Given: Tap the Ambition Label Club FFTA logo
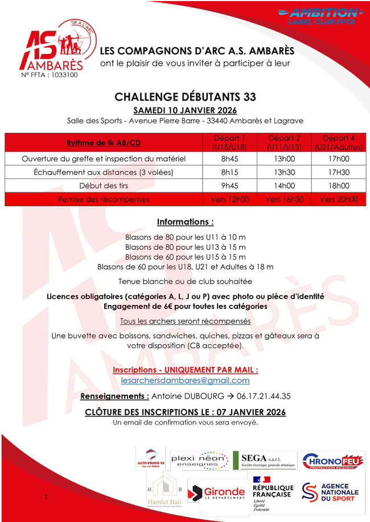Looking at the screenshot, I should pos(319,15).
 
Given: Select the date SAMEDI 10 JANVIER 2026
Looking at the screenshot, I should pos(185,110).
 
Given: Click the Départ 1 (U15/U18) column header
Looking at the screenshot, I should pos(229,142).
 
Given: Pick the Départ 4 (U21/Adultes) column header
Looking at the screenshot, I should pos(339,142).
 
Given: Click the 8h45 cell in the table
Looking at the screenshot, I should pos(229,158).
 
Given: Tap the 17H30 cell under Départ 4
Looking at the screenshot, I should pos(339,172).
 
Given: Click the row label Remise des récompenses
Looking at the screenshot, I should pos(104,199).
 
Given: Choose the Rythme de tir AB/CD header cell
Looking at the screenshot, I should pos(104,142).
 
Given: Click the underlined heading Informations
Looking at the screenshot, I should pos(185,222).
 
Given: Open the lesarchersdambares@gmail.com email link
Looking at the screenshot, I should pos(185,381).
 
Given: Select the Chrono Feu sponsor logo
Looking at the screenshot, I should pos(330,461).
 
